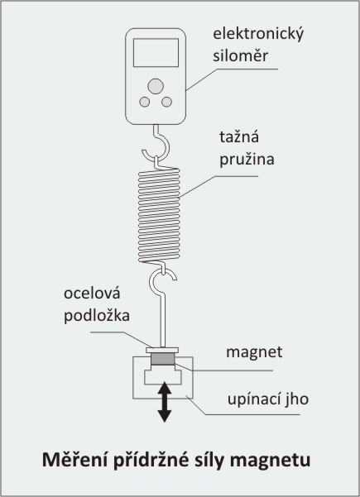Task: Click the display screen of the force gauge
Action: click(x=156, y=53)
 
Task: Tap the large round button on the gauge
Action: click(x=156, y=86)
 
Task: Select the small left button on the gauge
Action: click(x=145, y=102)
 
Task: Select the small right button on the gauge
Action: click(x=166, y=102)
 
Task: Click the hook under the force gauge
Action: click(x=166, y=142)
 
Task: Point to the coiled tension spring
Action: click(x=159, y=215)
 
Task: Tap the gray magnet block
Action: click(x=163, y=359)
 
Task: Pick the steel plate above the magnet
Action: click(x=162, y=351)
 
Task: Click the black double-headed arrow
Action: click(x=165, y=402)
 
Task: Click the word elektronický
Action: click(x=258, y=34)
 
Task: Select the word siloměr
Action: click(x=241, y=55)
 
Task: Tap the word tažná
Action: click(x=239, y=136)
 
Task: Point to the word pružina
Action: click(x=247, y=160)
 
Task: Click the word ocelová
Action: click(x=92, y=294)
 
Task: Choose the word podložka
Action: click(x=97, y=315)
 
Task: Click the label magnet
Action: click(x=254, y=352)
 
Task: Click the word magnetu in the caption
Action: click(x=271, y=461)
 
